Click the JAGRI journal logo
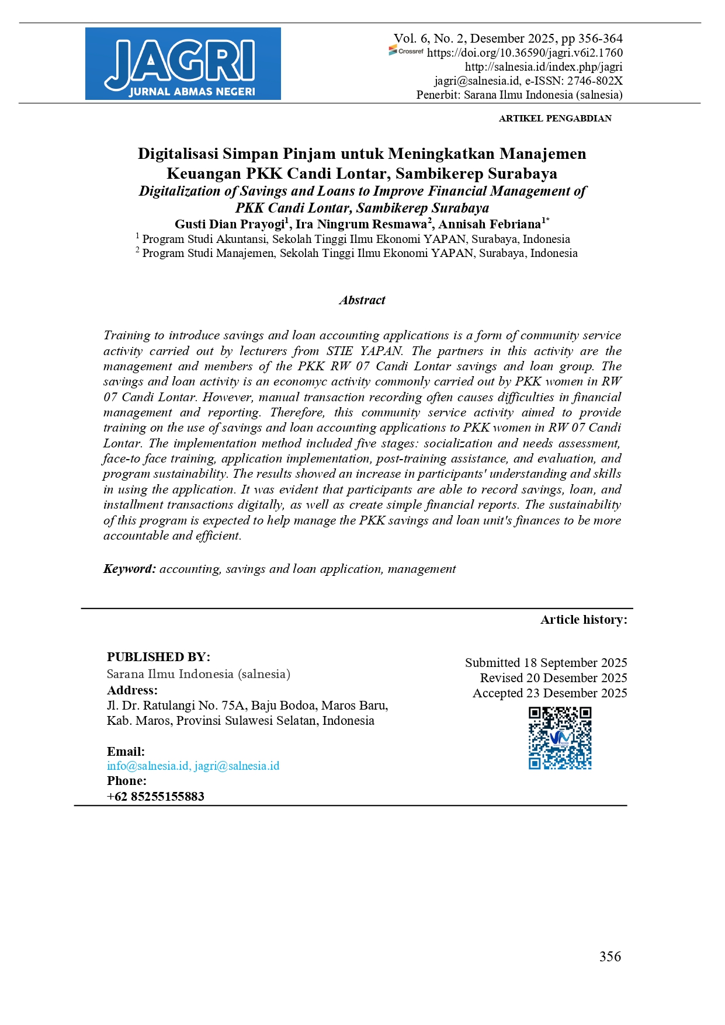tap(183, 64)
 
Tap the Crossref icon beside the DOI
tap(406, 52)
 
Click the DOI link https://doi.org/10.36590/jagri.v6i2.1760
tap(525, 53)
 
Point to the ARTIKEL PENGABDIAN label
tap(555, 118)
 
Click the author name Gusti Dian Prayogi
tap(229, 224)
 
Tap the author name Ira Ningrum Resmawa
tap(361, 224)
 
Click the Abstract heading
tap(362, 300)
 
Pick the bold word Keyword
tap(129, 569)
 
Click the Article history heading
tap(584, 620)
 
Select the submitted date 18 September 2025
tap(575, 663)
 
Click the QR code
tap(560, 738)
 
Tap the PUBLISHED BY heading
tap(158, 657)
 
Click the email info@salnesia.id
tap(148, 766)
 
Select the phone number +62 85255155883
tap(155, 797)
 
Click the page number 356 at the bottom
tap(610, 957)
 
